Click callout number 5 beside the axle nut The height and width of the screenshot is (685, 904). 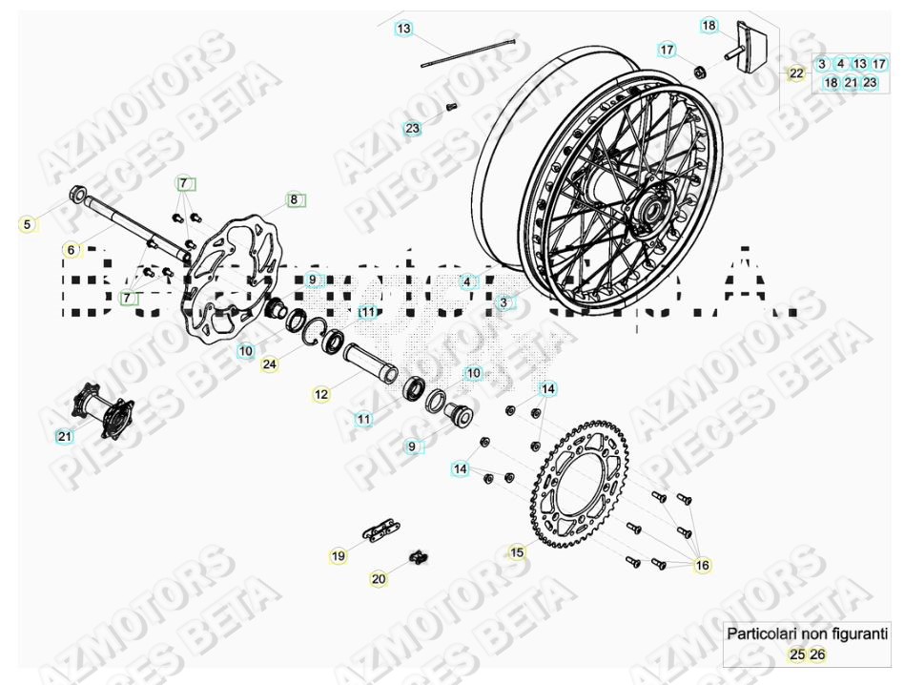pyautogui.click(x=28, y=224)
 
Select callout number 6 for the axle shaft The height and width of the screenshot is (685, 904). pyautogui.click(x=70, y=250)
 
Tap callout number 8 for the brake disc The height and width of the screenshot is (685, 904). pyautogui.click(x=294, y=200)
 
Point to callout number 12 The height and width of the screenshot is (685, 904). pyautogui.click(x=321, y=392)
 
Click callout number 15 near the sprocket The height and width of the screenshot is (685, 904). pyautogui.click(x=517, y=551)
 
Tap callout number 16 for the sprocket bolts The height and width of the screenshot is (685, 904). pyautogui.click(x=702, y=566)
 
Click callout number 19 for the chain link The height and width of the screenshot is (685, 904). pyautogui.click(x=339, y=555)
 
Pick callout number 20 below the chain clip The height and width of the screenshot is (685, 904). pyautogui.click(x=379, y=579)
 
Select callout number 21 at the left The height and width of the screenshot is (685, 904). pyautogui.click(x=65, y=436)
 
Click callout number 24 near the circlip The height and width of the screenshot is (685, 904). pyautogui.click(x=271, y=363)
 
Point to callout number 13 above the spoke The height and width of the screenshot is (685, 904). pyautogui.click(x=404, y=30)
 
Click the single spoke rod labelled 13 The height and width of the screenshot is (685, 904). pyautogui.click(x=467, y=53)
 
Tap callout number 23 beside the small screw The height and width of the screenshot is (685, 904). pyautogui.click(x=412, y=128)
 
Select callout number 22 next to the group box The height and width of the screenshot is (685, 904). pyautogui.click(x=796, y=73)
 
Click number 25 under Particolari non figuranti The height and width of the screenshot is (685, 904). pyautogui.click(x=795, y=654)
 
